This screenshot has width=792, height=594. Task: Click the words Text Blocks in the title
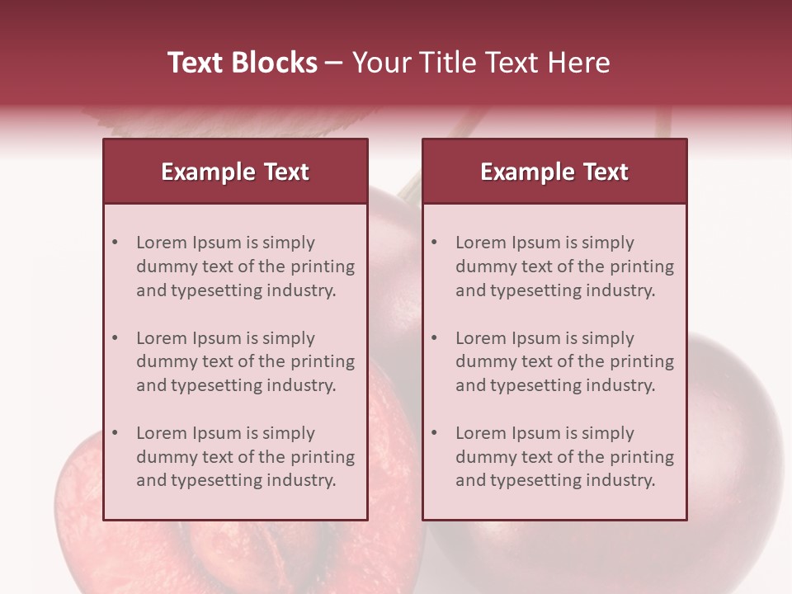242,63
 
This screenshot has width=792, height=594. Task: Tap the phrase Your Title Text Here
481,63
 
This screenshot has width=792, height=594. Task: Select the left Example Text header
235,172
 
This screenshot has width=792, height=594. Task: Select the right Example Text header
554,172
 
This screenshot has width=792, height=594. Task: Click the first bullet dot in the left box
115,243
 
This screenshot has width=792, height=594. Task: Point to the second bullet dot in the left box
115,338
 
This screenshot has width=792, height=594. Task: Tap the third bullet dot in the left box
115,433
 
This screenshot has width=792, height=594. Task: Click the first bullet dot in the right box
434,243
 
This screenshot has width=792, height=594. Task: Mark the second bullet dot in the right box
434,338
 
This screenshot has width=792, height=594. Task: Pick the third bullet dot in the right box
434,433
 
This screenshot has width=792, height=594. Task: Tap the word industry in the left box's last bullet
303,480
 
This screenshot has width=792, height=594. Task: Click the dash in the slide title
334,64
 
